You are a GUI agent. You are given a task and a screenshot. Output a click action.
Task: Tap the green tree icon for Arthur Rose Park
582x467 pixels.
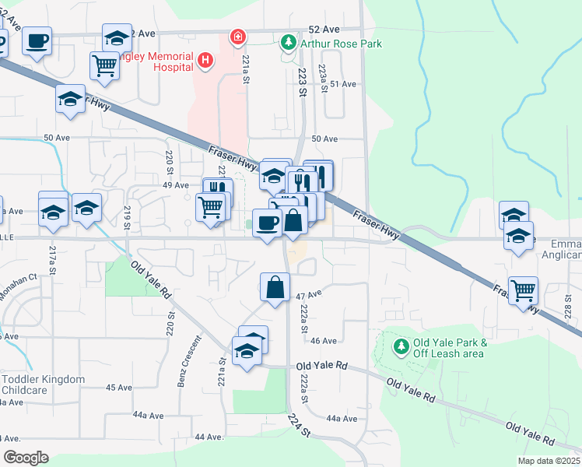tap(289, 40)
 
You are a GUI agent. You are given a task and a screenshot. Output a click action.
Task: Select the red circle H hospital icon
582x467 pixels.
tap(205, 59)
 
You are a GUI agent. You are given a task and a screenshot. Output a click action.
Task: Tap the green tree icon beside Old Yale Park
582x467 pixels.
tap(401, 345)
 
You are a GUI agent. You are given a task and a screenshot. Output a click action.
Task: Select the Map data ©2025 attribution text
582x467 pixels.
tap(549, 461)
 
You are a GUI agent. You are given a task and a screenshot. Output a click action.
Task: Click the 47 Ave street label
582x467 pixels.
tap(309, 297)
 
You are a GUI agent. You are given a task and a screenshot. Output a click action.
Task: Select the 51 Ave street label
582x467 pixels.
tap(342, 84)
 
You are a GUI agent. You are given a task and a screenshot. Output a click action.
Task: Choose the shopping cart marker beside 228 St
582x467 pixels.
tap(523, 290)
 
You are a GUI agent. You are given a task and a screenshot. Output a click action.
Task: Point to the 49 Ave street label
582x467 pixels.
tap(176, 185)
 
